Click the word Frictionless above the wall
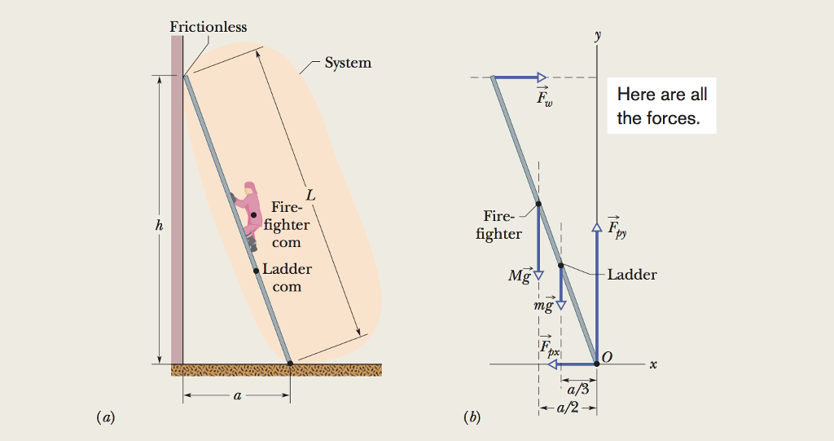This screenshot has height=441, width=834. pos(208,27)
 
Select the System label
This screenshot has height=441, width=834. pos(348,63)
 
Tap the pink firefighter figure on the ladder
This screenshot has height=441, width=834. pos(247,214)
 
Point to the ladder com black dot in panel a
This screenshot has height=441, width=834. pos(256,271)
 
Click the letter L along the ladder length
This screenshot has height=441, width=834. pos(309,196)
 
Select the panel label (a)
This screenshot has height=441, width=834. pos(105,418)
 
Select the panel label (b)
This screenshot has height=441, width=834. pos(471,418)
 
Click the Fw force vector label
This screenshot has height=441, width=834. pos(544,99)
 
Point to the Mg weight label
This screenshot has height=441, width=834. pos(519,276)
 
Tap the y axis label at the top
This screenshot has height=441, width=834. pos(597,36)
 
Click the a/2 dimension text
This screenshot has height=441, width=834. pos(567,408)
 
